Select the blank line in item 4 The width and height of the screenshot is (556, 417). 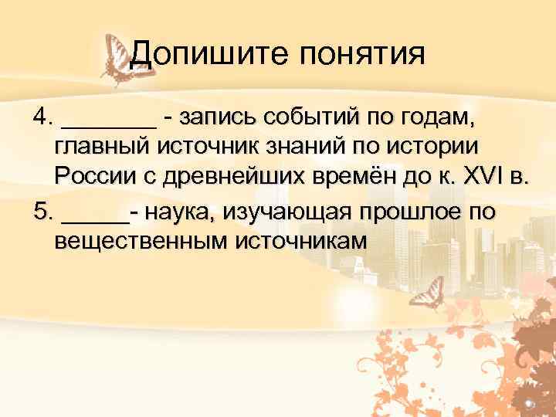point(109,124)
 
